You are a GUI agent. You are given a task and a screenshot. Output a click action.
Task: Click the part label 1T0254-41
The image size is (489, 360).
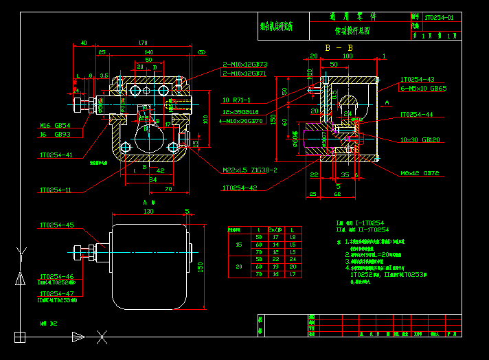coord(56,155)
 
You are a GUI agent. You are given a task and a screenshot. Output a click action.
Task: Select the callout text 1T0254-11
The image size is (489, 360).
coord(54,190)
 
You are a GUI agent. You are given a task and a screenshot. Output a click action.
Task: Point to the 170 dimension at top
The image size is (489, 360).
coord(144,43)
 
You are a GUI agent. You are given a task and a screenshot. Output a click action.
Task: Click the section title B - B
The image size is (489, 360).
coord(339,47)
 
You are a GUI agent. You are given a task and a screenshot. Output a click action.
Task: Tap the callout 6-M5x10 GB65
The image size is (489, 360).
coord(423,88)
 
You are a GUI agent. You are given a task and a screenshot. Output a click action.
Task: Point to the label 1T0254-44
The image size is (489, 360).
coord(417,115)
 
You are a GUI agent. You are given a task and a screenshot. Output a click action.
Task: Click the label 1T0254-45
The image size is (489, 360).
coord(56,225)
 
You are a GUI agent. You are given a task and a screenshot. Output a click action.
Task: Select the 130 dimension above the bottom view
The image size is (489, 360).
coord(148,212)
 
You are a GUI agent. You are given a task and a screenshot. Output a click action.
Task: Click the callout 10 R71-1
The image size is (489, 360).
coord(236,100)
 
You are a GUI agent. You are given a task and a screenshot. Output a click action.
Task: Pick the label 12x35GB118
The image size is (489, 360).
coord(240,112)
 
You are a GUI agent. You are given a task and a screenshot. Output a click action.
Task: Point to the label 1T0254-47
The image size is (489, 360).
coord(56,293)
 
